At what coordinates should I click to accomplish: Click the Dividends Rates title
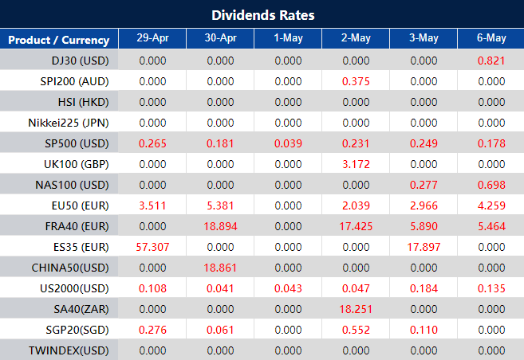tap(262, 15)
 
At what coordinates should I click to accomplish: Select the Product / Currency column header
tap(59, 40)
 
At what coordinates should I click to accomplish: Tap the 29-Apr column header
tap(152, 39)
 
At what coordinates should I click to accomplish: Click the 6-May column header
tap(491, 39)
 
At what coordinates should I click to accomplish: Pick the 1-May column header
tap(287, 39)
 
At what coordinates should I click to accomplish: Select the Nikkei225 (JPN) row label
tap(69, 123)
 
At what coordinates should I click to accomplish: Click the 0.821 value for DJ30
tap(491, 61)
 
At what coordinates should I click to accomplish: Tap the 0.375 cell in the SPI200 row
tap(355, 81)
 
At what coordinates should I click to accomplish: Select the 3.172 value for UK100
tap(355, 164)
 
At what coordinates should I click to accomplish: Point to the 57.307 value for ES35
tap(152, 247)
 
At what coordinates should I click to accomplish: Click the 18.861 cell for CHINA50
tap(219, 268)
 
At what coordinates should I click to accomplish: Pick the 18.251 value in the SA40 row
tap(355, 309)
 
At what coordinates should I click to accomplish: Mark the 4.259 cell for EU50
tap(491, 205)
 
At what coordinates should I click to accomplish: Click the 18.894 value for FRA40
tap(219, 226)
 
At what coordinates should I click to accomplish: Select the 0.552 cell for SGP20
tap(355, 330)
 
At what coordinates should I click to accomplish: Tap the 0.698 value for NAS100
tap(491, 185)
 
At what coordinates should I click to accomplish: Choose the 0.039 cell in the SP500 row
tap(287, 143)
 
